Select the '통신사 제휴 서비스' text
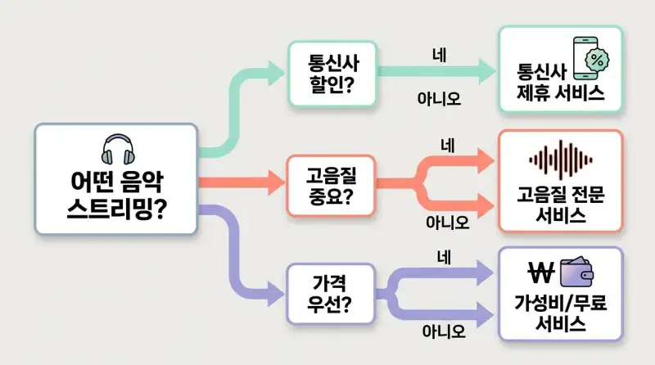(x=560, y=82)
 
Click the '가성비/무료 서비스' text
(x=561, y=312)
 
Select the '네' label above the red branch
(x=447, y=146)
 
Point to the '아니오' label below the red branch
(x=447, y=221)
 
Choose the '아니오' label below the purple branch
(x=444, y=331)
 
